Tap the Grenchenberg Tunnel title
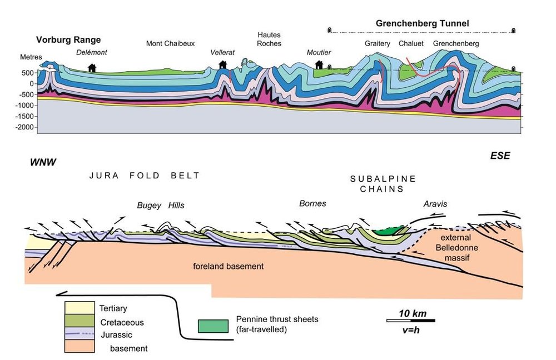pyautogui.click(x=423, y=23)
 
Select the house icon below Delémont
pyautogui.click(x=92, y=68)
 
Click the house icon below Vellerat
pyautogui.click(x=223, y=65)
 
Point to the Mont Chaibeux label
pyautogui.click(x=170, y=43)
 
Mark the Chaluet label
pyautogui.click(x=410, y=43)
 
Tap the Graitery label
pyautogui.click(x=378, y=43)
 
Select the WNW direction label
pyautogui.click(x=43, y=162)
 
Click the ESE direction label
pyautogui.click(x=500, y=156)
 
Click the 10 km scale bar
pyautogui.click(x=410, y=321)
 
